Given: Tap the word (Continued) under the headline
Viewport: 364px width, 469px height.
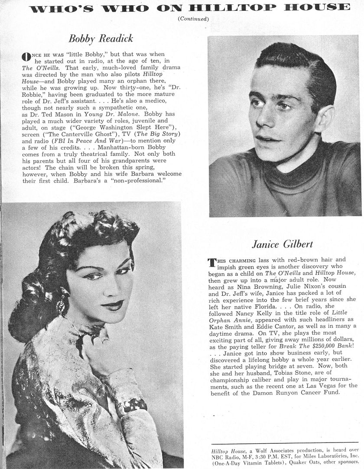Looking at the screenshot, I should tap(193, 19).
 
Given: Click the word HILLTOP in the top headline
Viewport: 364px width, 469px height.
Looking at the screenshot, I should tap(234, 7).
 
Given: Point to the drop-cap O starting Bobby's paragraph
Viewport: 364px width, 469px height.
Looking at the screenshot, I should tap(26, 56).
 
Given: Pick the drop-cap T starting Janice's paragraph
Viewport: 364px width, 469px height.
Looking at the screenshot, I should tap(212, 262).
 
